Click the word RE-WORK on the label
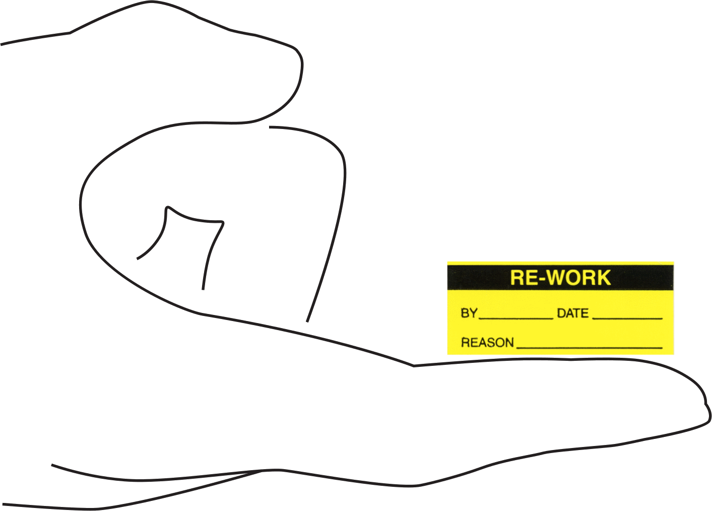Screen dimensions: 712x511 coord(560,278)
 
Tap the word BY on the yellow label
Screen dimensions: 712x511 coord(469,313)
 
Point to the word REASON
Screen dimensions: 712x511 coord(487,343)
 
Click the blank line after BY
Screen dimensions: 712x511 coord(516,318)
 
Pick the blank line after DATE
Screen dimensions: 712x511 coord(627,318)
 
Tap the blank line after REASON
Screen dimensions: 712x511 coord(590,348)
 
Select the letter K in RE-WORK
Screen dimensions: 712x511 coord(604,278)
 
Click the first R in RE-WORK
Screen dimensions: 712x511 coord(517,278)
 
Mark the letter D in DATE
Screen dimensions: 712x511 coord(561,313)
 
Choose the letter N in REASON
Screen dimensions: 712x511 coord(509,343)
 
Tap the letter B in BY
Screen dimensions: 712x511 coord(465,313)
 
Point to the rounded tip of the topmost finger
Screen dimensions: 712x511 coord(302,63)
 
